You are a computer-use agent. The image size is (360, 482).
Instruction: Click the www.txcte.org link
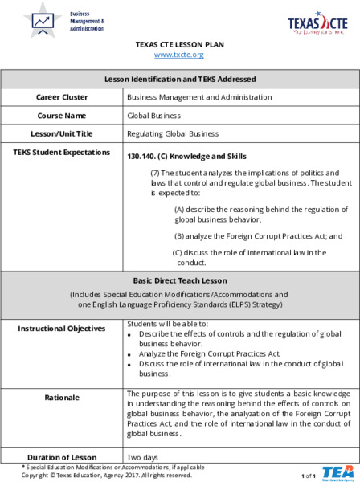point(178,55)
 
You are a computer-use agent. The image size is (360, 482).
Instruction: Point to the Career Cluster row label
point(62,97)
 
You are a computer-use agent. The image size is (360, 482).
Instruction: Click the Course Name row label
point(62,116)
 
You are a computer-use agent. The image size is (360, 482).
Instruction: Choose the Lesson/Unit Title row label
point(62,133)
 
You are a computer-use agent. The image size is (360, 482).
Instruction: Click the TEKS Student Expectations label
point(63,152)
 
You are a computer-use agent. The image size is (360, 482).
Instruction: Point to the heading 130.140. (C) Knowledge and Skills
point(186,156)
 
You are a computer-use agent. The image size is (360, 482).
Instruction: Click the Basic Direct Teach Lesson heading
point(180,281)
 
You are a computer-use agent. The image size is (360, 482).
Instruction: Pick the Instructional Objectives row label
point(62,329)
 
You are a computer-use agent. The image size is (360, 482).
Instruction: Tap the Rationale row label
point(62,397)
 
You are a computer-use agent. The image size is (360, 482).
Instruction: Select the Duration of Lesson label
point(62,457)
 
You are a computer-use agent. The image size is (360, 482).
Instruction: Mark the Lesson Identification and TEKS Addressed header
point(180,80)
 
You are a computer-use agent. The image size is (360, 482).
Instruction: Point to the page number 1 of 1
point(309,476)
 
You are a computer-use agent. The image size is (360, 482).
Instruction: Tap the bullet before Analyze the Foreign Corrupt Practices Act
point(131,353)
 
